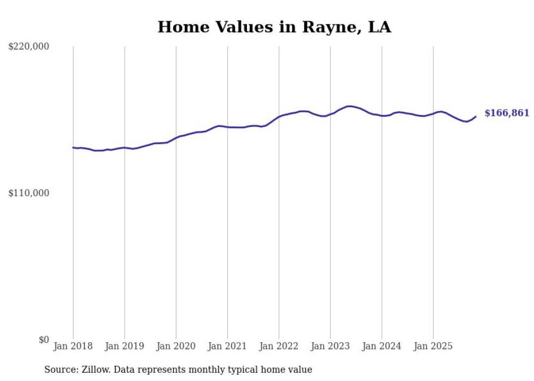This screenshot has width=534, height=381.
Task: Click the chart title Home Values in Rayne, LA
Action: click(x=274, y=27)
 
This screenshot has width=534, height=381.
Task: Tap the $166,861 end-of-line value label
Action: click(x=506, y=113)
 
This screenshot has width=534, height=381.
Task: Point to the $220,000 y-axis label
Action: click(x=29, y=47)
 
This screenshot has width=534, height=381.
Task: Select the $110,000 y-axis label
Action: click(x=29, y=193)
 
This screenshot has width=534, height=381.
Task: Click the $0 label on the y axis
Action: click(x=43, y=340)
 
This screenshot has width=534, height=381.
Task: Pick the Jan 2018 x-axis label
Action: click(x=73, y=346)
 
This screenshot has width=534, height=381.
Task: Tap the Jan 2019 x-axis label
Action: click(x=124, y=346)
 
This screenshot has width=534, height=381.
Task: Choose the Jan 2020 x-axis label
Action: click(x=176, y=346)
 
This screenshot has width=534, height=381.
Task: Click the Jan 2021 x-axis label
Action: click(x=227, y=346)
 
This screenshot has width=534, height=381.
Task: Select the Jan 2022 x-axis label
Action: click(x=279, y=346)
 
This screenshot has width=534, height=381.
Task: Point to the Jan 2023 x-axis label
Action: click(x=330, y=346)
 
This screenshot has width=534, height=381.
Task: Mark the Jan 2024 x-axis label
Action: click(x=382, y=346)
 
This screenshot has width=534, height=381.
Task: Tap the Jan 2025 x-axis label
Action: click(x=433, y=346)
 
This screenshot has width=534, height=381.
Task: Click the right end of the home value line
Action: click(x=476, y=116)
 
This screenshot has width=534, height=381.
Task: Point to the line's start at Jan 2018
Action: click(x=73, y=147)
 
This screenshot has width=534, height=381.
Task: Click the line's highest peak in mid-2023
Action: click(x=349, y=106)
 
